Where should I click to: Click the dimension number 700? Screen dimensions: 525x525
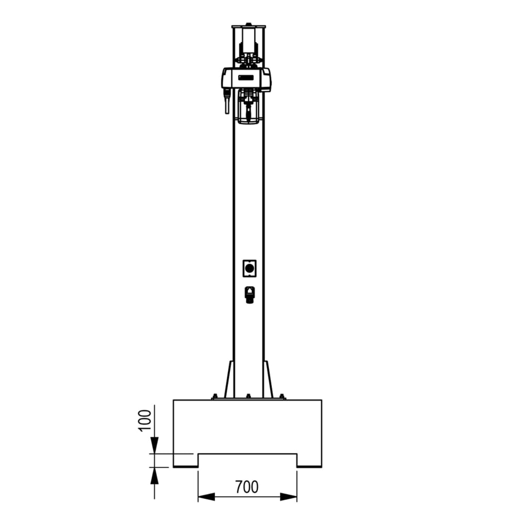tap(247, 487)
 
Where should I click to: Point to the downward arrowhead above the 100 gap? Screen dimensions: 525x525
tap(154, 447)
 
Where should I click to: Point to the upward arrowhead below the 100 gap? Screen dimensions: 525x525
tap(154, 475)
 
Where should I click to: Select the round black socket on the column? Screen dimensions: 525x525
tap(249, 269)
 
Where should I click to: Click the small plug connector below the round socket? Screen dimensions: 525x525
tap(249, 294)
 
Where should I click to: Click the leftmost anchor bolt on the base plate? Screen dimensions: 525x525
tap(214, 396)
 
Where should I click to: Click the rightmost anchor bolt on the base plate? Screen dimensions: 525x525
tap(282, 396)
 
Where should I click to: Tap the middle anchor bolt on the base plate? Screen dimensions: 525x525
tap(248, 396)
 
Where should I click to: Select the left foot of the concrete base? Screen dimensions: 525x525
tap(185, 460)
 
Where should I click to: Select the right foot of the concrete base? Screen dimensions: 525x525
tap(309, 460)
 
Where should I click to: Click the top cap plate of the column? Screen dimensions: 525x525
tap(248, 27)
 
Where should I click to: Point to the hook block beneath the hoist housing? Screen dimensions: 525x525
tap(248, 108)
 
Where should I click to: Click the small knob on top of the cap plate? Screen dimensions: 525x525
tap(248, 24)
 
